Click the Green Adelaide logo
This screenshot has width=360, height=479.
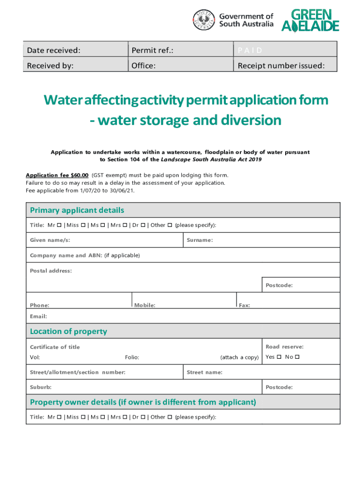click(x=310, y=21)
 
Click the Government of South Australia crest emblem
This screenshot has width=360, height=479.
click(x=205, y=20)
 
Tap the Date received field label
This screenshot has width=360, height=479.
click(x=53, y=50)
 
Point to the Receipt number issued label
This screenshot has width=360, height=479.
click(x=281, y=65)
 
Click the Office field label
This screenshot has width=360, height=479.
click(x=143, y=65)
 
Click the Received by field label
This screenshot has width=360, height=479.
click(x=50, y=65)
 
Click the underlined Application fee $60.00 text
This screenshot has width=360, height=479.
click(x=57, y=175)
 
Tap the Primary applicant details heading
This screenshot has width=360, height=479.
click(x=77, y=210)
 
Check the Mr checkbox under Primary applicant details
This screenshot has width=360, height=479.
click(x=59, y=225)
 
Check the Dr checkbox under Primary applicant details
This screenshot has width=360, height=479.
click(x=143, y=225)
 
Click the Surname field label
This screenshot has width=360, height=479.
click(x=200, y=240)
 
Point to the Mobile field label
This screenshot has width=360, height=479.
click(x=145, y=305)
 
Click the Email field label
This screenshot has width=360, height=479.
click(x=38, y=316)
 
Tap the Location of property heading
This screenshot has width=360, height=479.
click(x=68, y=331)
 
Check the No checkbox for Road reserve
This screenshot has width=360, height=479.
click(x=297, y=357)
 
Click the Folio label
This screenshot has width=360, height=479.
click(x=132, y=357)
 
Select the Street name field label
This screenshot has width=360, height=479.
click(x=204, y=372)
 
